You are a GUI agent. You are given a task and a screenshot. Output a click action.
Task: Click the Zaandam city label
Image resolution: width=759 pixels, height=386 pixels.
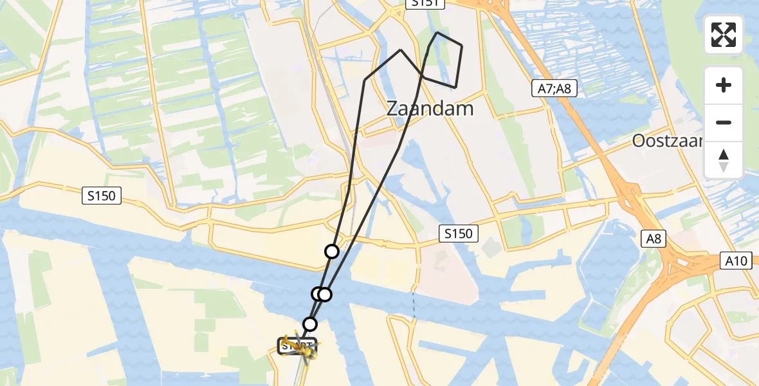tap(430, 108)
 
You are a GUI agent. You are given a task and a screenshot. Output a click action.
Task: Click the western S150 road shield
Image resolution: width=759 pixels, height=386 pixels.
tap(102, 196)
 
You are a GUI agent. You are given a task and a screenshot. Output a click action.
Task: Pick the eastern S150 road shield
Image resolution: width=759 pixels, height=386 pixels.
tap(459, 234)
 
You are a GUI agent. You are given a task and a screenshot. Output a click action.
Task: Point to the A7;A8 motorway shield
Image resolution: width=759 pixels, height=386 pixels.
tap(554, 89)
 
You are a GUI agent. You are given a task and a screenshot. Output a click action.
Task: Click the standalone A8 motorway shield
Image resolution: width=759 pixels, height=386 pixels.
tap(654, 239)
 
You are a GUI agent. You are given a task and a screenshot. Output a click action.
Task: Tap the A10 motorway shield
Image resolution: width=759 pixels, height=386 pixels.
tap(737, 261)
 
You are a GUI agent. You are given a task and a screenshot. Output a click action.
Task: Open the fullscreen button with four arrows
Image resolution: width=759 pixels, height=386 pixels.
tap(724, 35)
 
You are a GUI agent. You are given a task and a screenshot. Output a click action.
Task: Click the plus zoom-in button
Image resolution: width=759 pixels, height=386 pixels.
tap(724, 85)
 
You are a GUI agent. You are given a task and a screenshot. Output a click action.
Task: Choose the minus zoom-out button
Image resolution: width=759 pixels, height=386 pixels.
tap(724, 122)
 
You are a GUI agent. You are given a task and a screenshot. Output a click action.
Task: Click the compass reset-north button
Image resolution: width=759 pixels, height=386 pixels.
tap(724, 160)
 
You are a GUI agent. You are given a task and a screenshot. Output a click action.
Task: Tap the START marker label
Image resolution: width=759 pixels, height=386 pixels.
tap(297, 345)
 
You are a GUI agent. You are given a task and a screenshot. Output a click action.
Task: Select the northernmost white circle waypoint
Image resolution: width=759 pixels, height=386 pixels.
tap(332, 252)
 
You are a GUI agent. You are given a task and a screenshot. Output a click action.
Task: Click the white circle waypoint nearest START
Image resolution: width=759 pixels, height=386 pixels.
tap(310, 324)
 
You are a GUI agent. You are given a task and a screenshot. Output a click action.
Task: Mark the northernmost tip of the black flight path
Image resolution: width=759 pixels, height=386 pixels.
tap(437, 32)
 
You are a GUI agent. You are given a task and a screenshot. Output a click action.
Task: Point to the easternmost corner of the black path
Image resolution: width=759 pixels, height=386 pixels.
tap(462, 46)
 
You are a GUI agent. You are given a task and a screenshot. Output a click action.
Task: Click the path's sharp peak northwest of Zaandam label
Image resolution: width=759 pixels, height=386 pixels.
tap(401, 50)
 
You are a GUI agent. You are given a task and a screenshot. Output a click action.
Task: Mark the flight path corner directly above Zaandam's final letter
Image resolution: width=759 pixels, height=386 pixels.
tap(455, 87)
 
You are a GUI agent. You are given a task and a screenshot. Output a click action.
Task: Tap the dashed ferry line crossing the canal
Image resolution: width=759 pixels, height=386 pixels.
tap(414, 305)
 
